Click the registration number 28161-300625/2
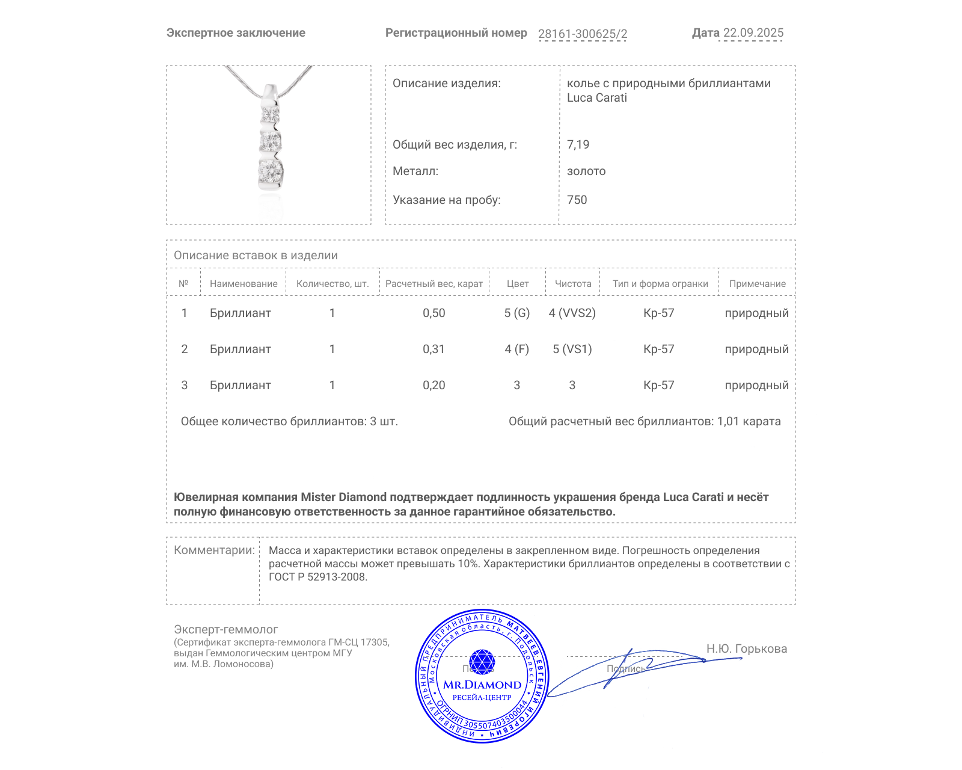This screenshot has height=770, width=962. (x=582, y=34)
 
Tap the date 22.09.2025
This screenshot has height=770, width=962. (x=753, y=33)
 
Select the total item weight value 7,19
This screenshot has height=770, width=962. (x=578, y=144)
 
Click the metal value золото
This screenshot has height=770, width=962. (x=586, y=171)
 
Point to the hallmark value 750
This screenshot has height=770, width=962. (x=577, y=200)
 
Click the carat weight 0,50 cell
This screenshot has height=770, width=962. (x=434, y=313)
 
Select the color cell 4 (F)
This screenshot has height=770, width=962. (x=516, y=350)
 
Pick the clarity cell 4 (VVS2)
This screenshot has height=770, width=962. (x=572, y=313)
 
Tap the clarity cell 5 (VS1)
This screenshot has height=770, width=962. (x=572, y=350)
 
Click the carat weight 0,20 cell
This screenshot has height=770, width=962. (x=434, y=386)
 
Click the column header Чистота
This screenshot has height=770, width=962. (x=572, y=284)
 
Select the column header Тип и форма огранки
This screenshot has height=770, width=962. (x=660, y=284)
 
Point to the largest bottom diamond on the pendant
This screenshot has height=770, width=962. (x=270, y=171)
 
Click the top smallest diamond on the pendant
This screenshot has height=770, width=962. (x=271, y=112)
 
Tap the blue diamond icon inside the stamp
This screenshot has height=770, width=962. (x=482, y=662)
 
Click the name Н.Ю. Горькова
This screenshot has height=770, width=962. (x=746, y=649)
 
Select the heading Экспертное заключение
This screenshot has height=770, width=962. (x=236, y=33)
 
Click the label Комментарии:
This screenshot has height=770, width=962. (x=214, y=550)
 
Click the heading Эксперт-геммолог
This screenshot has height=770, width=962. (x=225, y=630)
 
